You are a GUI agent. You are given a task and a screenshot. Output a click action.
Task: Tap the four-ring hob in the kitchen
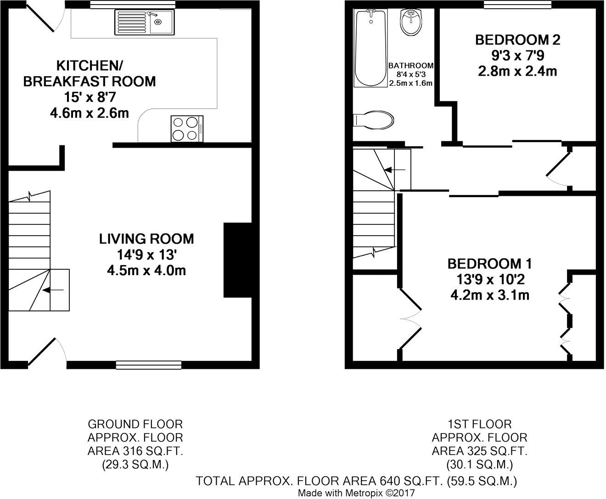click(x=187, y=128)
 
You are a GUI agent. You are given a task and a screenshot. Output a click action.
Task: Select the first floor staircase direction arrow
click(x=394, y=170)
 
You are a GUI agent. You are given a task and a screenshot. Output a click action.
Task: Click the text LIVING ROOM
click(x=146, y=239)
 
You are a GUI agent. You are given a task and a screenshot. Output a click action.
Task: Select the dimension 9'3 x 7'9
click(x=518, y=55)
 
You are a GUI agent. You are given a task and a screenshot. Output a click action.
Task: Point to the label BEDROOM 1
click(x=489, y=264)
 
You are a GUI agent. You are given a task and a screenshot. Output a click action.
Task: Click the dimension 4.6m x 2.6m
click(x=90, y=112)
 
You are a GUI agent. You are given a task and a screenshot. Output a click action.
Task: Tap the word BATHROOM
click(x=411, y=66)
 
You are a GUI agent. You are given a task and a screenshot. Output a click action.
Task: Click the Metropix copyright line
click(x=356, y=493)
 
